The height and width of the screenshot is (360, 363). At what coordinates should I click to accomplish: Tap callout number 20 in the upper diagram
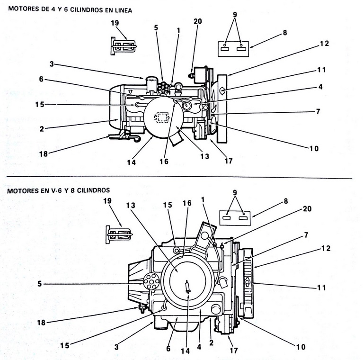[x=198, y=21]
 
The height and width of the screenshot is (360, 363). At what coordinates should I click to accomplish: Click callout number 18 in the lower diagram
[x=43, y=322]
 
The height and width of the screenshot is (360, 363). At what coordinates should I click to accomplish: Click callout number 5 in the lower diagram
[x=40, y=284]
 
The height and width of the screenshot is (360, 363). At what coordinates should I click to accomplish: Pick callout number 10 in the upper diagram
[x=314, y=148]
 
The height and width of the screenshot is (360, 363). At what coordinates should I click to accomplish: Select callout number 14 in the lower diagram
[x=185, y=351]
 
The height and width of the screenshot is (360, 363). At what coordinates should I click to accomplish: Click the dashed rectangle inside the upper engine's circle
[x=164, y=117]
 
